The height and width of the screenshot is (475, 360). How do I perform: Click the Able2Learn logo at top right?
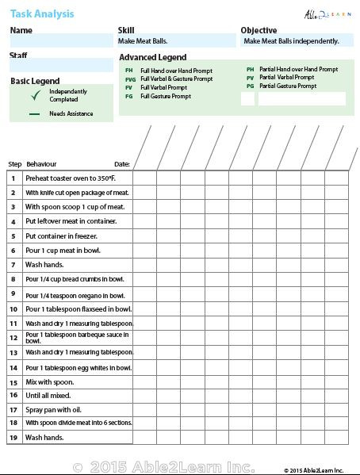(326, 13)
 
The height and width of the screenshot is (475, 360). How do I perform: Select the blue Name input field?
(61, 41)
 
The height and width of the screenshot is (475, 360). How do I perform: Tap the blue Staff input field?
(61, 66)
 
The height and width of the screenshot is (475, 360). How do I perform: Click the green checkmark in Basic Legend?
(35, 96)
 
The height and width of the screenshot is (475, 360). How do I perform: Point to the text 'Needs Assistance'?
(71, 114)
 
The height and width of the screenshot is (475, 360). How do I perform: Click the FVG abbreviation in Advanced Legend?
(130, 79)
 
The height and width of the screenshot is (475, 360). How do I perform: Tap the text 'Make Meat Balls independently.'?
(291, 41)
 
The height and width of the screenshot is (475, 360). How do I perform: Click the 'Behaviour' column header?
(41, 164)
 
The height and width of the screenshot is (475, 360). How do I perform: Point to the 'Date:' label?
(121, 164)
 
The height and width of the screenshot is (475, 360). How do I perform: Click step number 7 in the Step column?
(13, 265)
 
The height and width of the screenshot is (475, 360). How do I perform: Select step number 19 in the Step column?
(13, 438)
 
